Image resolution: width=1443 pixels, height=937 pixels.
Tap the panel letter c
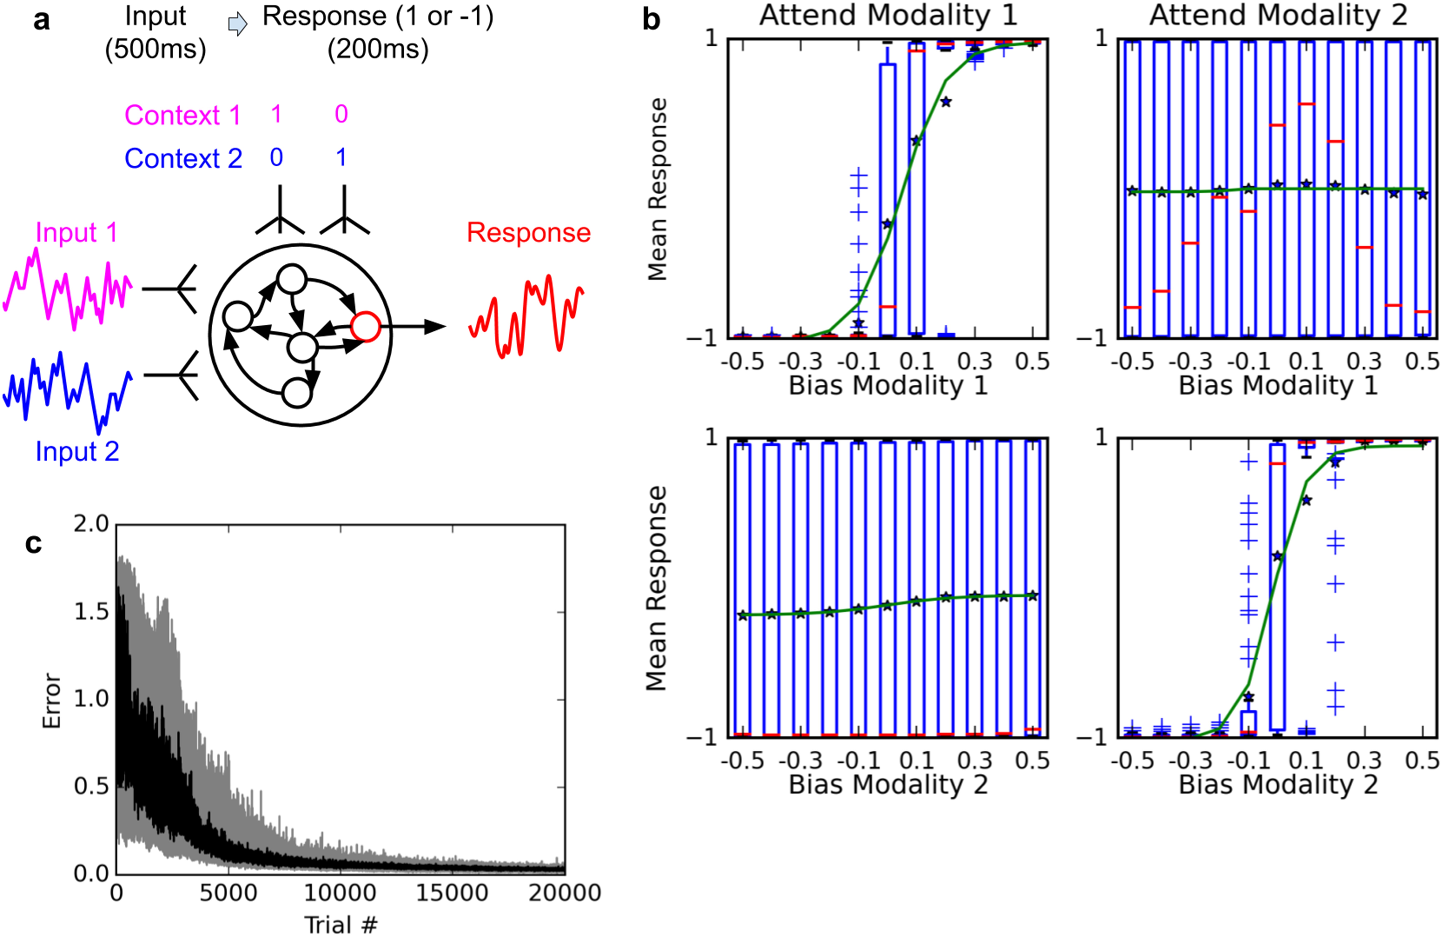[33, 544]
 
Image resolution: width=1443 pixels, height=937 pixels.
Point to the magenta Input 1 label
[76, 232]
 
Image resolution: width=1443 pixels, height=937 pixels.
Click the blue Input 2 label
[77, 452]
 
